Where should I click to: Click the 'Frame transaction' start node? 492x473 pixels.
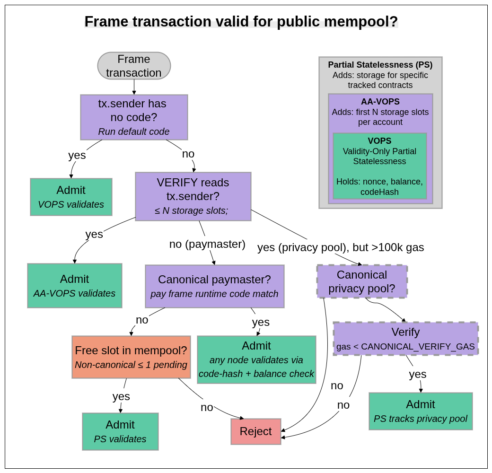click(x=134, y=66)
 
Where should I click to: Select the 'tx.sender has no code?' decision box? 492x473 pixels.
click(x=134, y=117)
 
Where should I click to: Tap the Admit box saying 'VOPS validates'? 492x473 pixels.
click(x=71, y=197)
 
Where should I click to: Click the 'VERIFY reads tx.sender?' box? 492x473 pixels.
click(x=193, y=196)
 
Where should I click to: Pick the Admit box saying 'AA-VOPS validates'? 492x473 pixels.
click(x=74, y=286)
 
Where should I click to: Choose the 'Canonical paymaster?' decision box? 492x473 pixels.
click(x=214, y=286)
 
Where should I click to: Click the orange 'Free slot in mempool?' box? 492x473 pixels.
click(x=131, y=357)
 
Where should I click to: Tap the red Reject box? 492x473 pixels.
click(x=255, y=431)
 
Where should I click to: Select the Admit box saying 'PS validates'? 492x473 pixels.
click(x=120, y=431)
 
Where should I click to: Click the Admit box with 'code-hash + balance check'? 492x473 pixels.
click(x=256, y=359)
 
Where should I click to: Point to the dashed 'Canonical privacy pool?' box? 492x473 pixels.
click(x=362, y=281)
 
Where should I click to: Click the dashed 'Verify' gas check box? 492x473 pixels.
click(x=405, y=339)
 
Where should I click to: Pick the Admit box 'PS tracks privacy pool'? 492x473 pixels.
click(x=420, y=411)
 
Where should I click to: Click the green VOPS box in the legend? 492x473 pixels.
click(x=380, y=166)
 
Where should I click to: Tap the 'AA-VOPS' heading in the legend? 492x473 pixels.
click(x=380, y=102)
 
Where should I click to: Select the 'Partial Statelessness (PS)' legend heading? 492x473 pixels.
click(x=380, y=65)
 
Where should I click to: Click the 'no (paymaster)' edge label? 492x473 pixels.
click(x=207, y=244)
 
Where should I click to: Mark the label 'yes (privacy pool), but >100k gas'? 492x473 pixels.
click(x=341, y=247)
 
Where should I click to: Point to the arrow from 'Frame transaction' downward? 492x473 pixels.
click(x=134, y=87)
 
